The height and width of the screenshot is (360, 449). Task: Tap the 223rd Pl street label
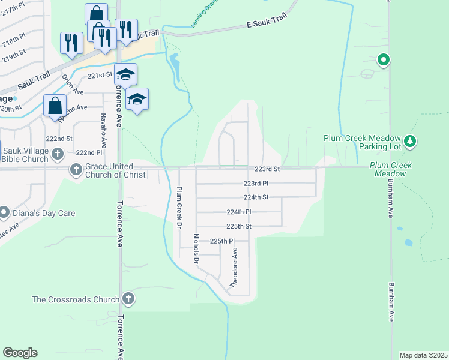pyautogui.click(x=256, y=183)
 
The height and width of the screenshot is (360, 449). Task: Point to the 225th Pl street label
pyautogui.click(x=221, y=241)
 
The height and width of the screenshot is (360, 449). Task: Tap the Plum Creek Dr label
pyautogui.click(x=178, y=208)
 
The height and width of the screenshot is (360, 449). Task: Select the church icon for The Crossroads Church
pyautogui.click(x=128, y=298)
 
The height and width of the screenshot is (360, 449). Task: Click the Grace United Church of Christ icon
pyautogui.click(x=76, y=170)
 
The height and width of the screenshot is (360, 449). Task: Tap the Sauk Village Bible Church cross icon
pyautogui.click(x=58, y=154)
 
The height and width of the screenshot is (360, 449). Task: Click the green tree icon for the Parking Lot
pyautogui.click(x=410, y=142)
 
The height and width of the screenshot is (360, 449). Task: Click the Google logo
pyautogui.click(x=20, y=353)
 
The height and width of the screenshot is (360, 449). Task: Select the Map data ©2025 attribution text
pyautogui.click(x=423, y=355)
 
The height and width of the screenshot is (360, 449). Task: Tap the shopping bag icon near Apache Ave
pyautogui.click(x=55, y=106)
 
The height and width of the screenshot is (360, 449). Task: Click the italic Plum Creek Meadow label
pyautogui.click(x=388, y=169)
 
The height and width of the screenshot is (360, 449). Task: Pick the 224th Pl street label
pyautogui.click(x=238, y=212)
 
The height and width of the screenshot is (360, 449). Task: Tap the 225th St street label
pyautogui.click(x=238, y=227)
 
